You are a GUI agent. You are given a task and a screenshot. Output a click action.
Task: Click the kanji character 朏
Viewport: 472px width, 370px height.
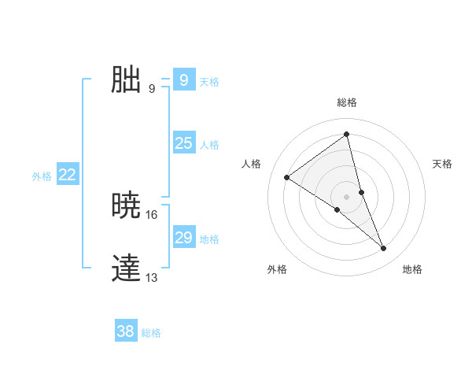pyautogui.click(x=126, y=80)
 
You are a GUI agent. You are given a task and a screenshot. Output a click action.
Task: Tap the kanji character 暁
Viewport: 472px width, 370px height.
pyautogui.click(x=126, y=205)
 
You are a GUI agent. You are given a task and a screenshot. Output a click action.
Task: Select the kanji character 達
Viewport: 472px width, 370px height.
pyautogui.click(x=126, y=268)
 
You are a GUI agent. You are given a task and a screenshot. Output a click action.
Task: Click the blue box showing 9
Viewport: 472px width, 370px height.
pyautogui.click(x=183, y=80)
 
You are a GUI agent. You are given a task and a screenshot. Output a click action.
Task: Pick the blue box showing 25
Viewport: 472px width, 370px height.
pyautogui.click(x=183, y=143)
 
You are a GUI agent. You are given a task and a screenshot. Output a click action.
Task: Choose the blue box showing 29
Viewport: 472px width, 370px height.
pyautogui.click(x=183, y=238)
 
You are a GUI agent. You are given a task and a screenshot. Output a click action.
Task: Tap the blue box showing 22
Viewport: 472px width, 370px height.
pyautogui.click(x=67, y=175)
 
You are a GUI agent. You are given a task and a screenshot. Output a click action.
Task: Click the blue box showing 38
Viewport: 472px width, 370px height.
pyautogui.click(x=125, y=331)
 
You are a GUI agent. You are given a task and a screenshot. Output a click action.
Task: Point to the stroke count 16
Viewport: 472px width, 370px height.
pyautogui.click(x=152, y=214)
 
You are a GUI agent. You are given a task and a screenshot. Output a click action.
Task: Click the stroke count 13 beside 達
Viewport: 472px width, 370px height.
pyautogui.click(x=152, y=277)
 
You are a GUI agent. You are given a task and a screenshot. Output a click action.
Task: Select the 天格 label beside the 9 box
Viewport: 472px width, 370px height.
pyautogui.click(x=209, y=82)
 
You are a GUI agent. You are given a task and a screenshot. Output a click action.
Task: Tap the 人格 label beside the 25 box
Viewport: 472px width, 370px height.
pyautogui.click(x=209, y=145)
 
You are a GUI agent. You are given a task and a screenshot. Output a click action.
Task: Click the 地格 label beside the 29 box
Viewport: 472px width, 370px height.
pyautogui.click(x=209, y=239)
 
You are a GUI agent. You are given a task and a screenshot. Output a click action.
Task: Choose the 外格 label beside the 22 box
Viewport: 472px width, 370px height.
pyautogui.click(x=42, y=176)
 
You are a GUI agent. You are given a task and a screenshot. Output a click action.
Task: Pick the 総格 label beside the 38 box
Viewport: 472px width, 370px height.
pyautogui.click(x=151, y=333)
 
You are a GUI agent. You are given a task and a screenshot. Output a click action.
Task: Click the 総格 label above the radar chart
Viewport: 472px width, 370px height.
pyautogui.click(x=346, y=102)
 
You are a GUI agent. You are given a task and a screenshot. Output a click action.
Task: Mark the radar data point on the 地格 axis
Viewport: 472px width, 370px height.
pyautogui.click(x=384, y=249)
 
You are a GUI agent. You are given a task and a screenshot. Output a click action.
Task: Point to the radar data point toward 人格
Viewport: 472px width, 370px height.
pyautogui.click(x=286, y=177)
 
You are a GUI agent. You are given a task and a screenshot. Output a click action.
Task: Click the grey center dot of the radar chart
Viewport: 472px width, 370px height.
pyautogui.click(x=346, y=196)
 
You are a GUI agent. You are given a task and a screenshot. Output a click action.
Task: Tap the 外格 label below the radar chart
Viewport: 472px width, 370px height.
pyautogui.click(x=277, y=269)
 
